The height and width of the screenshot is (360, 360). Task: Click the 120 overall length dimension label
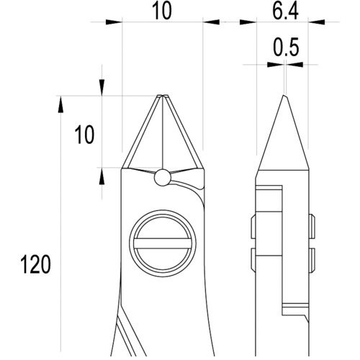[x=35, y=264]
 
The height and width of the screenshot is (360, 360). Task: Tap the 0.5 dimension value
[x=286, y=47]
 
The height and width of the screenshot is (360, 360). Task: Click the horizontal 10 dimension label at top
[x=163, y=11]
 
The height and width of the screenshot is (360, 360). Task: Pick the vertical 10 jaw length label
[x=84, y=135]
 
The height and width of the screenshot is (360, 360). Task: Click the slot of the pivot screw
[x=163, y=243]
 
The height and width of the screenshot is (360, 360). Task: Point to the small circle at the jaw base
[x=163, y=177]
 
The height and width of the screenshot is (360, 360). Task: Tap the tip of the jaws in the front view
[x=163, y=96]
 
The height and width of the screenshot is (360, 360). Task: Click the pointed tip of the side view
[x=284, y=95]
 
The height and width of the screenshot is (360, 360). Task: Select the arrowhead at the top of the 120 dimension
[x=60, y=104]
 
